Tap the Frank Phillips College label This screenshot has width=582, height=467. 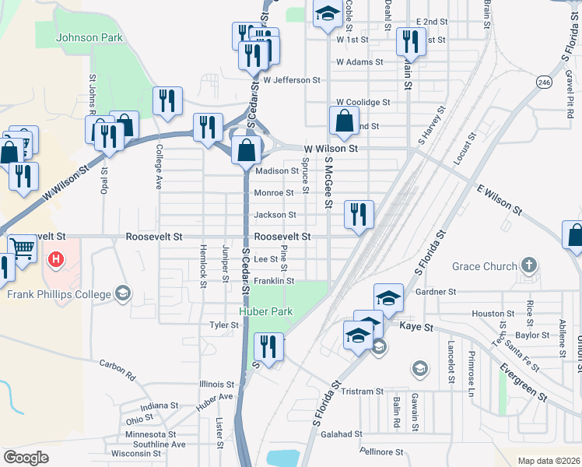click(58, 293)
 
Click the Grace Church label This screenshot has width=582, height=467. click(485, 266)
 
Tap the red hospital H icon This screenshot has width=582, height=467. click(56, 259)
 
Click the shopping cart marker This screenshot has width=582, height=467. click(23, 250)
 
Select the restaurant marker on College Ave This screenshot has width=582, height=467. click(167, 101)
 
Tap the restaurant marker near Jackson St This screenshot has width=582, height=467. click(359, 215)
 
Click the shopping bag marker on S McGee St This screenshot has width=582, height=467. click(344, 121)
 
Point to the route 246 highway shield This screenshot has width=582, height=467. click(543, 81)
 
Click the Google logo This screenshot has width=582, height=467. click(26, 458)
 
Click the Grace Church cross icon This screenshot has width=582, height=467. click(530, 266)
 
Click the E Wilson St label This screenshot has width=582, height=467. click(500, 199)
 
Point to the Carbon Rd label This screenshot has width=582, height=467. click(117, 369)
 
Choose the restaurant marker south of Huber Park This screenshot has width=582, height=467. click(268, 347)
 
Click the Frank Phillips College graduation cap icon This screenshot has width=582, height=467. click(122, 293)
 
